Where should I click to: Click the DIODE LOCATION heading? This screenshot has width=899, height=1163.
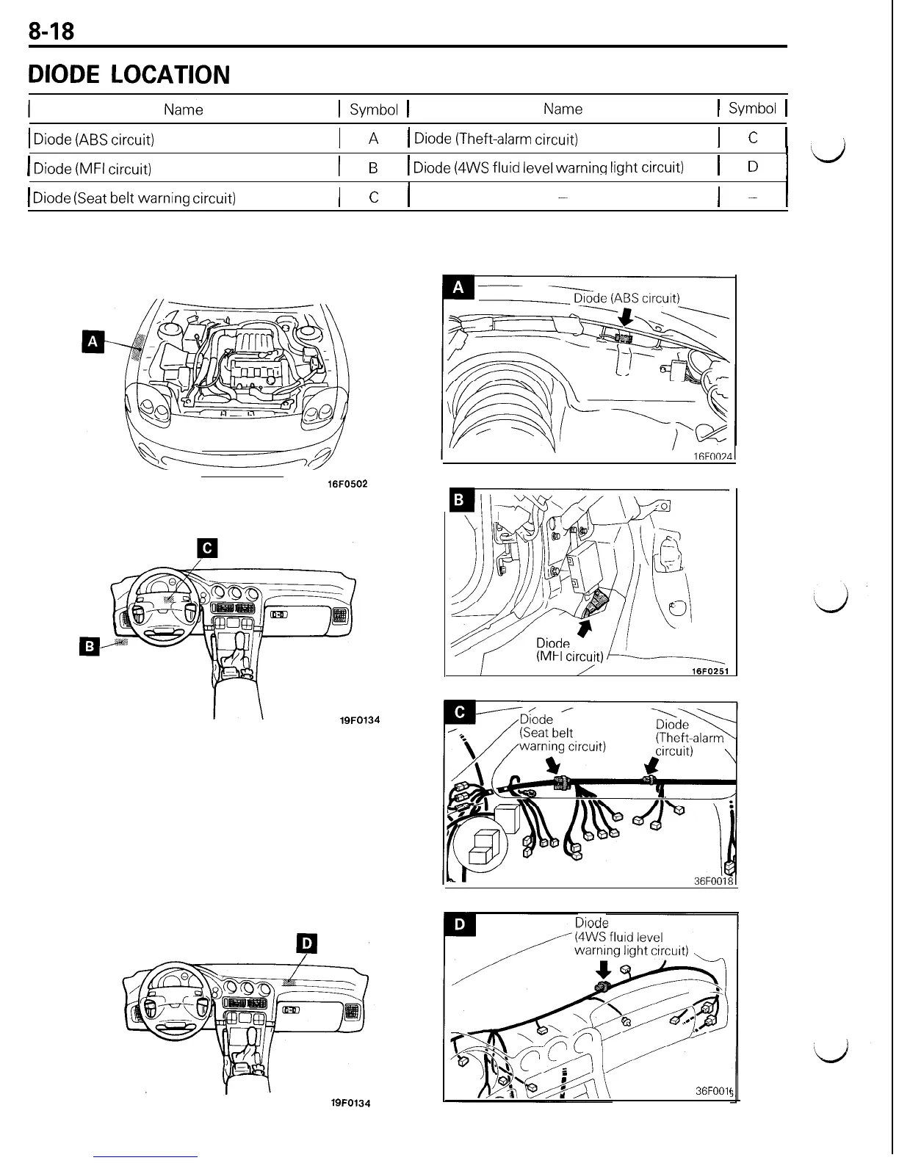coord(129,75)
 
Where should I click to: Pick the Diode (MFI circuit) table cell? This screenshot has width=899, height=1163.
coord(93,169)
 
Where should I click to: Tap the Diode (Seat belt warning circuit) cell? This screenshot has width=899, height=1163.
coord(134,198)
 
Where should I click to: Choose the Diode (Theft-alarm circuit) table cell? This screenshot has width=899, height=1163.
coord(496,139)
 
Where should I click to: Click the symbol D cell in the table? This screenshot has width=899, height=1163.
coord(752,167)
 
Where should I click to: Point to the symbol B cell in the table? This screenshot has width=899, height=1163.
coord(373,168)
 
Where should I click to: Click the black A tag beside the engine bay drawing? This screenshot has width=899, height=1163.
coord(93,341)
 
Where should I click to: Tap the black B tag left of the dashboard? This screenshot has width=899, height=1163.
coord(89,645)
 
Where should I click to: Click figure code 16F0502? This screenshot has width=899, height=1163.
coord(347,484)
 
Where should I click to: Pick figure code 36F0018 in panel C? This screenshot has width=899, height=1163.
coord(714,881)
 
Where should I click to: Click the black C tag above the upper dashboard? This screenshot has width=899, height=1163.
coord(208,548)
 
